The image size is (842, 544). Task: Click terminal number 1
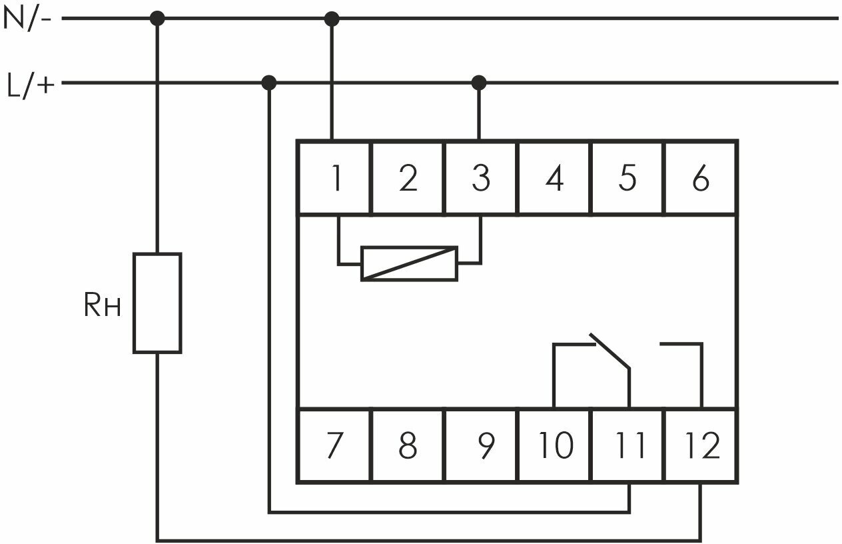point(334,179)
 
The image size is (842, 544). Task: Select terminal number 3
point(480,179)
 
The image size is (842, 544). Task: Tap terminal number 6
point(700,179)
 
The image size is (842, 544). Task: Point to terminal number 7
point(334,446)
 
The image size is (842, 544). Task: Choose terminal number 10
point(554,446)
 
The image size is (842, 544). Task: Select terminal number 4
point(554,179)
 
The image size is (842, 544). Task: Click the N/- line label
point(27,19)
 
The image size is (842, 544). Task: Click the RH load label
point(102,306)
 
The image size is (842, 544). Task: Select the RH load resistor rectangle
point(157,303)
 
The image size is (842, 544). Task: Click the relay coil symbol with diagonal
point(409,263)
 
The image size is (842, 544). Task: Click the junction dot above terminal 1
point(332,19)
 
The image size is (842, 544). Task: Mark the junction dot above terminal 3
point(479,83)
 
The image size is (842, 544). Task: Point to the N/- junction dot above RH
point(157,19)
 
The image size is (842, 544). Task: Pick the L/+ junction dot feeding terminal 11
point(269,83)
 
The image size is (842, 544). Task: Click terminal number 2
point(407,179)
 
